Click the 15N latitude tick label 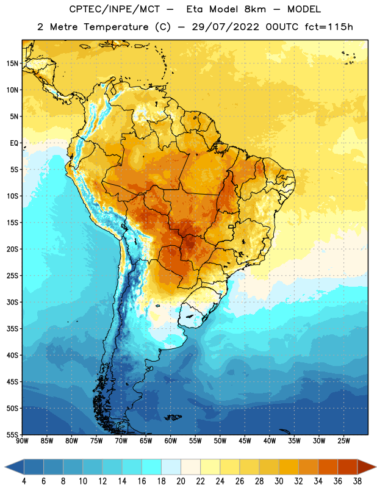pyautogui.click(x=12, y=63)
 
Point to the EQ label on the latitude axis pyautogui.click(x=14, y=143)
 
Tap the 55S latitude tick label pyautogui.click(x=12, y=434)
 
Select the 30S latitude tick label pyautogui.click(x=12, y=302)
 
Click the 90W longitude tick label pyautogui.click(x=22, y=441)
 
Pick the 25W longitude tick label pyautogui.click(x=343, y=441)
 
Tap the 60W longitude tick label pyautogui.click(x=171, y=441)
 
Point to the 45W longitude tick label pyautogui.click(x=245, y=441)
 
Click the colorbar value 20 pyautogui.click(x=181, y=481)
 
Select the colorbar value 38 pyautogui.click(x=357, y=481)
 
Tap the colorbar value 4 pyautogui.click(x=24, y=481)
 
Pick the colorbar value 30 pyautogui.click(x=279, y=481)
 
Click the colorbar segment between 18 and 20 pyautogui.click(x=171, y=467)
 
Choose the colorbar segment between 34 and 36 pyautogui.click(x=328, y=467)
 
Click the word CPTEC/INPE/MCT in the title pyautogui.click(x=115, y=9)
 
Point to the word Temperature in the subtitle pyautogui.click(x=116, y=27)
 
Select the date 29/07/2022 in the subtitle pyautogui.click(x=225, y=27)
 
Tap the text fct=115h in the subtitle pyautogui.click(x=329, y=27)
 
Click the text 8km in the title pyautogui.click(x=255, y=9)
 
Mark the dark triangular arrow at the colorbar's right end pyautogui.click(x=366, y=467)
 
